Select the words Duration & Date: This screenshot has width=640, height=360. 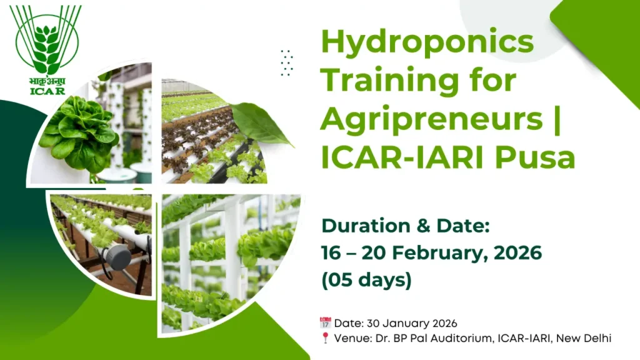tap(403, 226)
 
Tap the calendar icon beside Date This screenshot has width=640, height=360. tap(325, 323)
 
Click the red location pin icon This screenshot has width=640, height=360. tap(325, 338)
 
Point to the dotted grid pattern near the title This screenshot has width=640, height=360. tap(287, 62)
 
